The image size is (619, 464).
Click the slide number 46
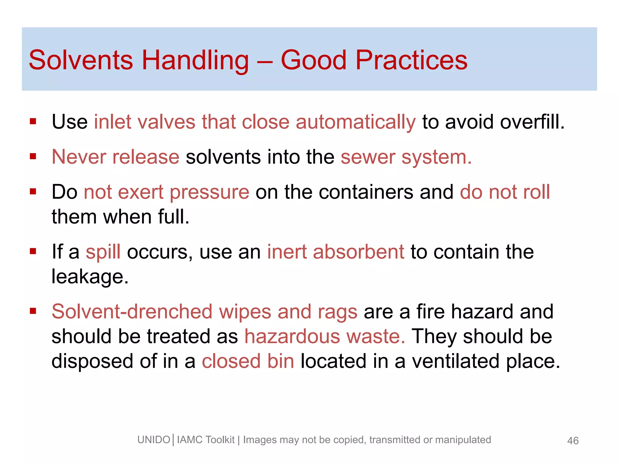[573, 441]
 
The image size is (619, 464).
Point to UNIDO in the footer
[154, 440]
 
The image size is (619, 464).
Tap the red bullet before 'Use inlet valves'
[33, 122]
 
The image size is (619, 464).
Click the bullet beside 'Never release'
[33, 156]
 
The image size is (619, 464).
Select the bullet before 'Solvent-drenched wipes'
[33, 311]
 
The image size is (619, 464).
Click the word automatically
[355, 122]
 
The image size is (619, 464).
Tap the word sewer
[368, 157]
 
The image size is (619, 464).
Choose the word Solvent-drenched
[132, 311]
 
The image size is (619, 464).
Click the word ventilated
[455, 361]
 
